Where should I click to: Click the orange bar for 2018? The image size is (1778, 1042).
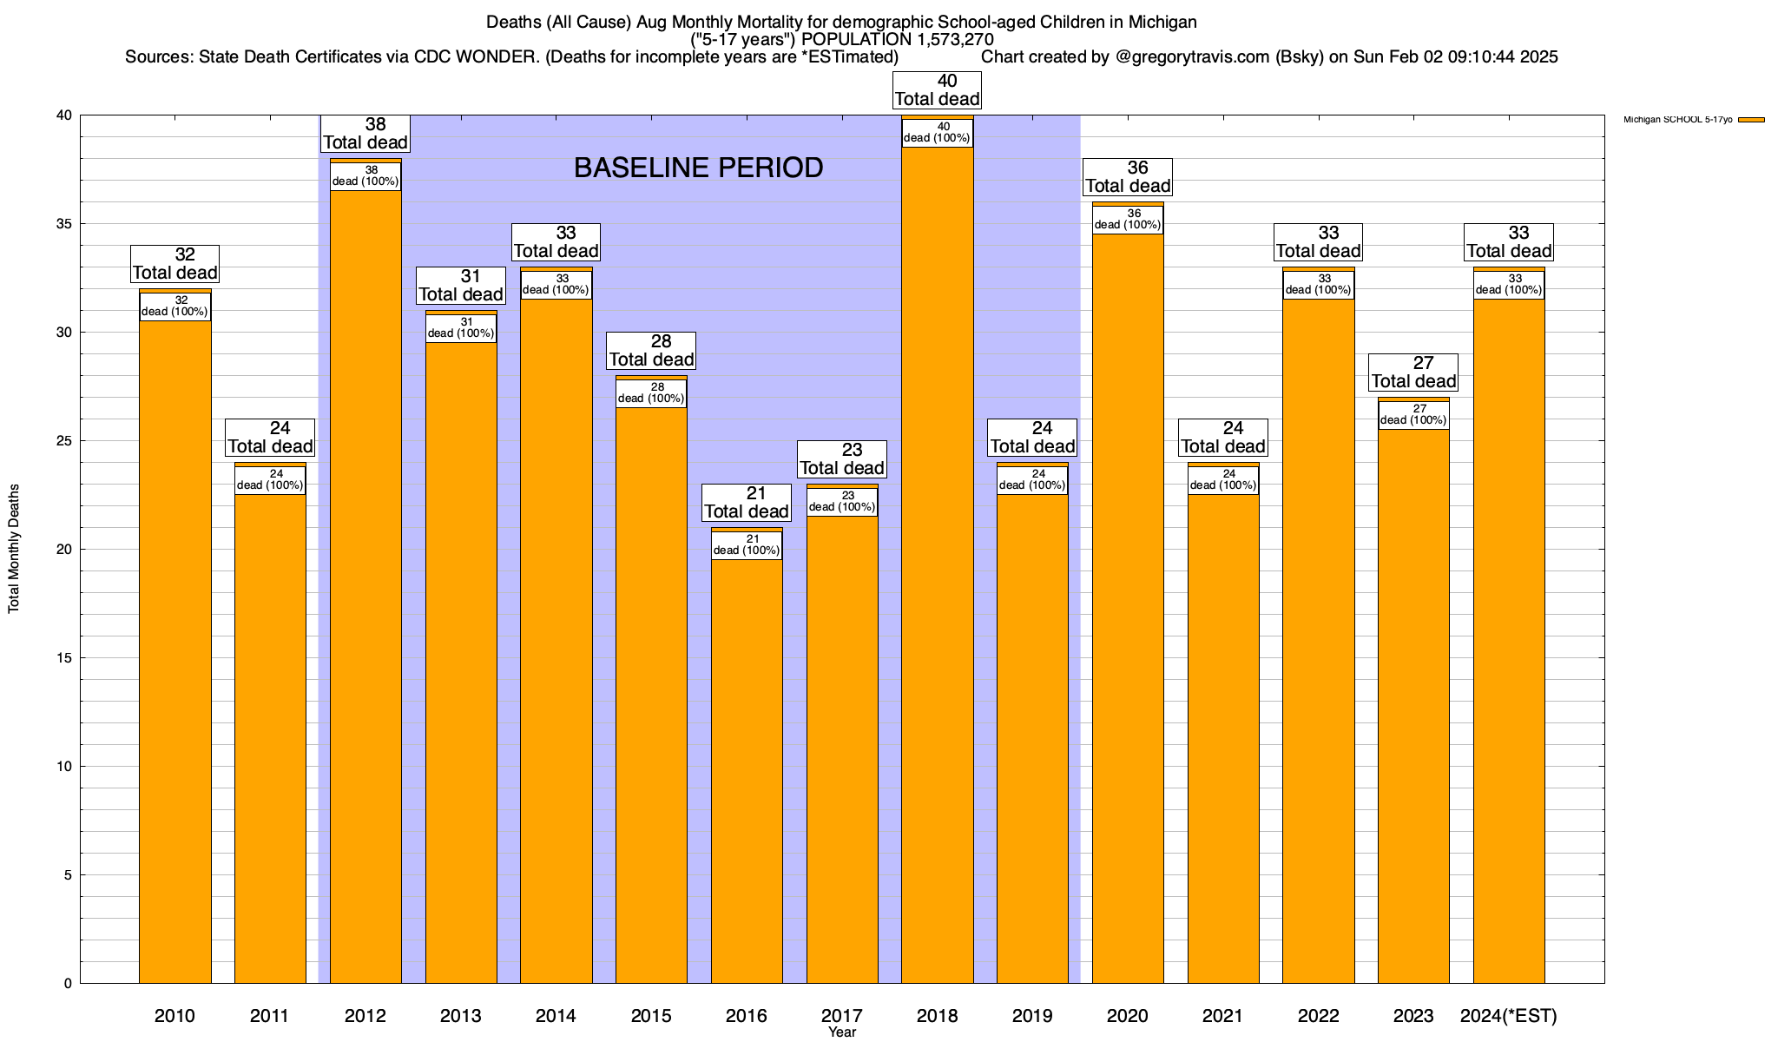937,564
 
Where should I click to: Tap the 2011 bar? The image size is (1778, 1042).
270,738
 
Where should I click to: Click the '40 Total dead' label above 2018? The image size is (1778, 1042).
937,90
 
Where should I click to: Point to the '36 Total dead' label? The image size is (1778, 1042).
1128,177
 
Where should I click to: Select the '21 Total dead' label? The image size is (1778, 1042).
747,503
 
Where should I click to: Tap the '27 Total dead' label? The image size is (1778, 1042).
1413,373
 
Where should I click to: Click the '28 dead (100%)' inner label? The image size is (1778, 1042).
651,393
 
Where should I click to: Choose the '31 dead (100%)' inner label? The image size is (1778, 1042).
461,328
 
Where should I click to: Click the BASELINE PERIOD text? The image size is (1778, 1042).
698,168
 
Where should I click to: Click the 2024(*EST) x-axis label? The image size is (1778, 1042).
1509,1016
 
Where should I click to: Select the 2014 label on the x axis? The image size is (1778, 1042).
556,1016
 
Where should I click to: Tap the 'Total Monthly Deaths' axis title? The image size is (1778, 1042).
14,549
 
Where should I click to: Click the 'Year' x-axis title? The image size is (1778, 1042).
841,1032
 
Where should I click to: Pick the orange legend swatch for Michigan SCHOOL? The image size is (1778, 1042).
1751,120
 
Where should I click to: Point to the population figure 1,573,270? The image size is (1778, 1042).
942,40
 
